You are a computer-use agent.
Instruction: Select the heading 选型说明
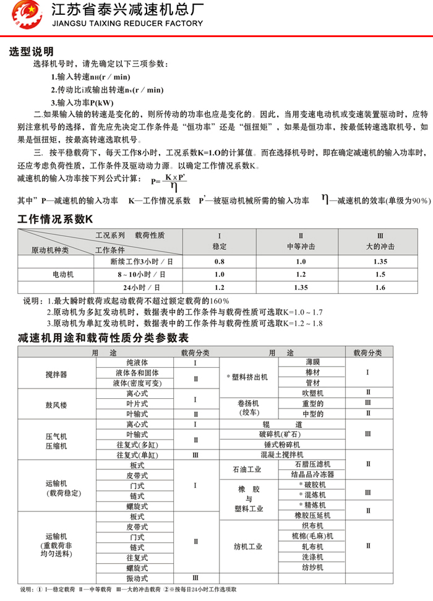(32, 51)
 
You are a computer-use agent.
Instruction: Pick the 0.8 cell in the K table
(220, 262)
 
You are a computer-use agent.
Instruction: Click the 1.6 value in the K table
(380, 288)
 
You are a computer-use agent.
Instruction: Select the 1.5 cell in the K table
(380, 275)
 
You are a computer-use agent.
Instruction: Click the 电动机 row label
(62, 275)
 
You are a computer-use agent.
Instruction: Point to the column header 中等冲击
(301, 246)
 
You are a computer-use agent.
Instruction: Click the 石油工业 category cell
(247, 469)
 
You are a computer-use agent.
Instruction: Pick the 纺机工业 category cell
(248, 547)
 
